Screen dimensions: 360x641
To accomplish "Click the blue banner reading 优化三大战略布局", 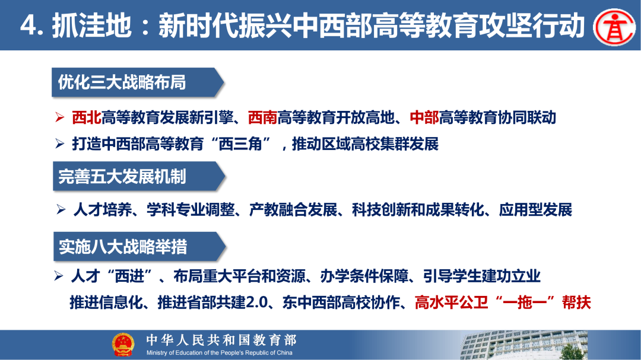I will [x=137, y=82].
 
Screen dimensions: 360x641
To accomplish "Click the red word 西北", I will [x=86, y=117].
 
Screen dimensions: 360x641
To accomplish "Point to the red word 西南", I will [x=262, y=117].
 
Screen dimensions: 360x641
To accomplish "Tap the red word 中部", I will [x=424, y=117].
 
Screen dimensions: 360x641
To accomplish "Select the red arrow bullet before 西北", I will [x=59, y=117].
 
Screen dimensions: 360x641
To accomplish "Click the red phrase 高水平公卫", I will [x=450, y=302].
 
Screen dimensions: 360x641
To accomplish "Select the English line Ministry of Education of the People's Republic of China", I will [x=220, y=353].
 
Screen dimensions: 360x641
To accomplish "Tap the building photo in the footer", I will [x=534, y=345].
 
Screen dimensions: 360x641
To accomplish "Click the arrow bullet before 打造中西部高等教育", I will [x=59, y=144].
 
